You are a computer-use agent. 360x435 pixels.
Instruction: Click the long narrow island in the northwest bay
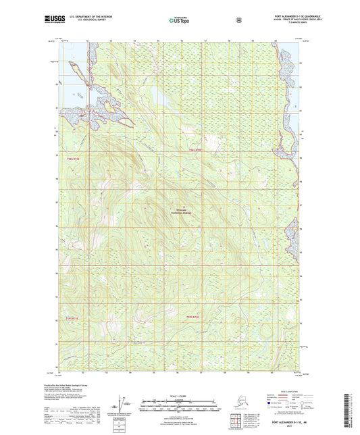(x=76, y=69)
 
